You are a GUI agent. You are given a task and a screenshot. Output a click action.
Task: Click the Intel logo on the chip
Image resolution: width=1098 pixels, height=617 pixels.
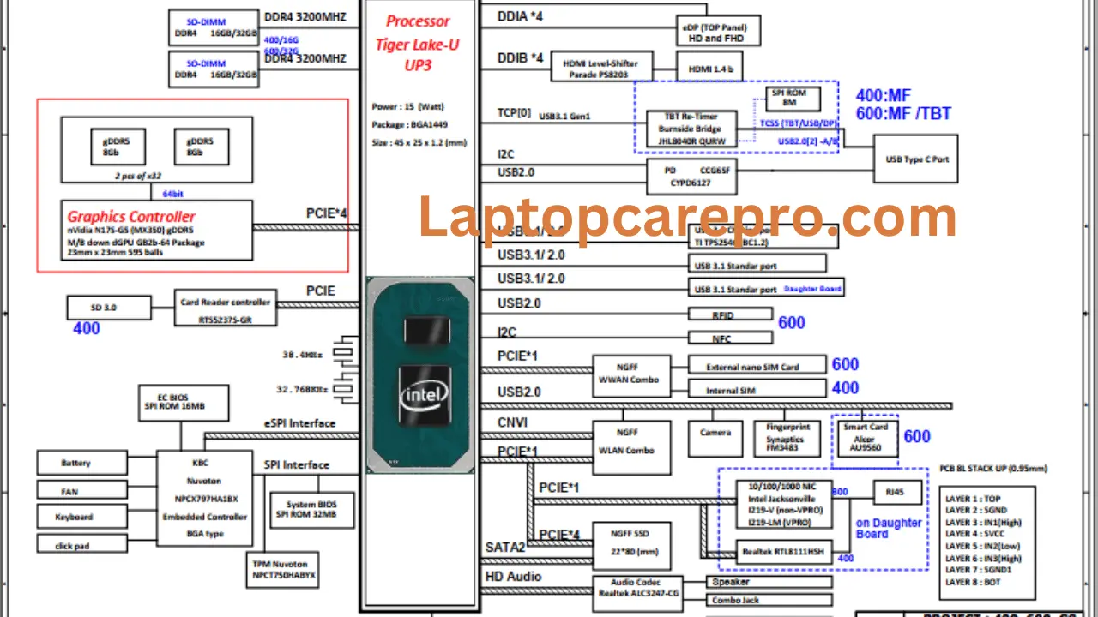pos(421,397)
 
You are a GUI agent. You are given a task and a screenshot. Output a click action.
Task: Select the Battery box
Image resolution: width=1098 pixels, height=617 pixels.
pos(75,463)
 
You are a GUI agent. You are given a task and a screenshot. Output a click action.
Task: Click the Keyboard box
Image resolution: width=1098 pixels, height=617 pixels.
pos(75,517)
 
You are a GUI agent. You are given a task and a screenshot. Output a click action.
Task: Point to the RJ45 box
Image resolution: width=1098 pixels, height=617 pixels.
pos(896,492)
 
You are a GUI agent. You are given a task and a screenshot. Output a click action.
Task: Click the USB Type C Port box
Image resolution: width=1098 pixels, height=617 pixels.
pos(917,159)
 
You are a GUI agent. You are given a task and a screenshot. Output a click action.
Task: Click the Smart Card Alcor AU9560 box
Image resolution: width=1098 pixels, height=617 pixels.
pos(865,439)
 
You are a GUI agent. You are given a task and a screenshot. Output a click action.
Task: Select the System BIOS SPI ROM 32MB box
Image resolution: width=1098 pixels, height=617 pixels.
pos(305,509)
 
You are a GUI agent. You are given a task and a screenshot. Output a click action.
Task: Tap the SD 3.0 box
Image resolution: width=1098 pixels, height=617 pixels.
pos(109,308)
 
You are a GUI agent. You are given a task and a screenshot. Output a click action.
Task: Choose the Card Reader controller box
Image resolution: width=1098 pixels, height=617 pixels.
pos(226,309)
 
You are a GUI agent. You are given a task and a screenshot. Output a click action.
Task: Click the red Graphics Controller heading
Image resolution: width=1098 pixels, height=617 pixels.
pos(131,217)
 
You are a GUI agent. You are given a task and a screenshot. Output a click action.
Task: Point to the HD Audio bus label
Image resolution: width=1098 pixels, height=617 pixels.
pos(513,577)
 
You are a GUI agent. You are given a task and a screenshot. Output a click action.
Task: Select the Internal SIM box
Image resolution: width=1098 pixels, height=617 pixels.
pos(757,391)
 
